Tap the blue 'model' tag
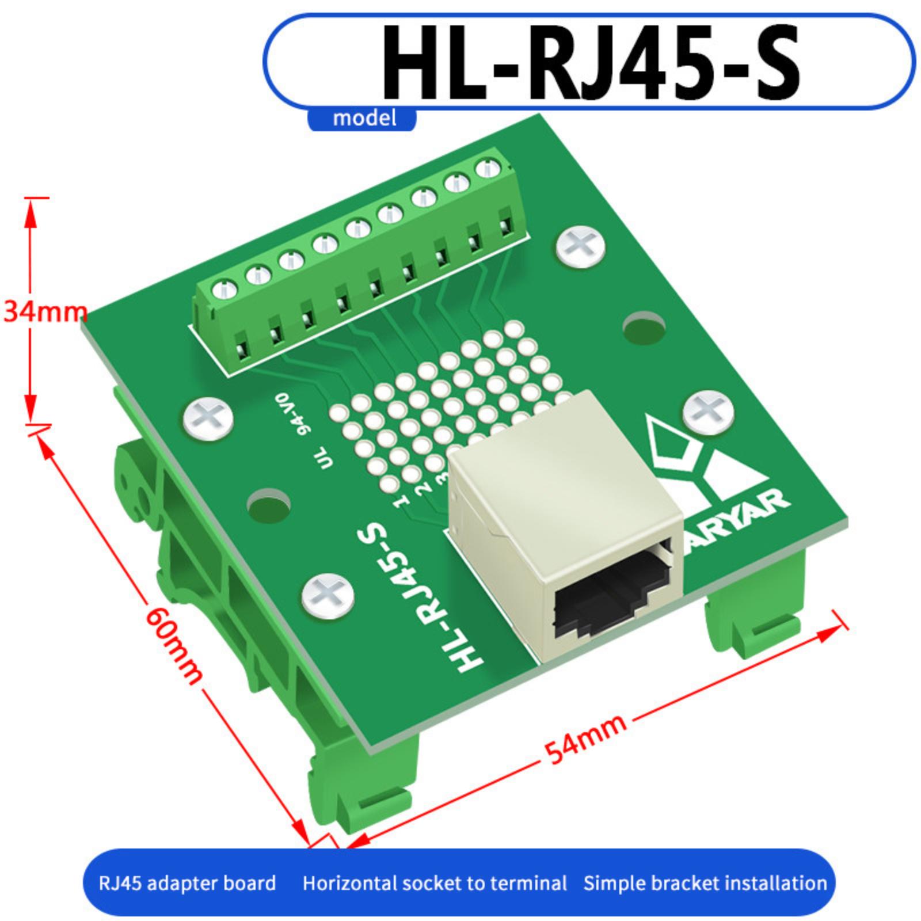(x=364, y=118)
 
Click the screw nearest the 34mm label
(x=208, y=418)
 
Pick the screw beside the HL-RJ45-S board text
(x=328, y=595)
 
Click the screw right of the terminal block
(x=581, y=248)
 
